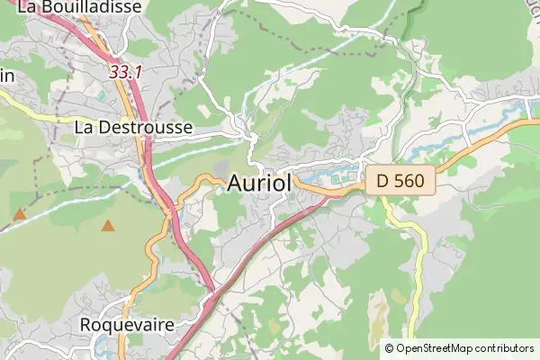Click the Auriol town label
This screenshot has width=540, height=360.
coord(259,183)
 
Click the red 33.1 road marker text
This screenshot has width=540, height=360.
coord(125,71)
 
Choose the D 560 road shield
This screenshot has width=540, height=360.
coord(400,181)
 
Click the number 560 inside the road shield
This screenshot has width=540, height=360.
coord(409,181)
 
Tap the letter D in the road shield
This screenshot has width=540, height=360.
coord(383,181)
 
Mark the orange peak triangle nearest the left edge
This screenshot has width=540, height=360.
coord(19,214)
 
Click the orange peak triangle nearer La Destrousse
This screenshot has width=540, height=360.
coord(109,226)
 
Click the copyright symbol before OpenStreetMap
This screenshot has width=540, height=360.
coord(389,348)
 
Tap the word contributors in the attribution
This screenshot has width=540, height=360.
coord(505,348)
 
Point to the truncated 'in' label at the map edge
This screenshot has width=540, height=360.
coord(6,76)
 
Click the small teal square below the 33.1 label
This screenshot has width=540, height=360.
coord(102,94)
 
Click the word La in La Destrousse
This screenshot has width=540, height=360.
coord(85,127)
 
